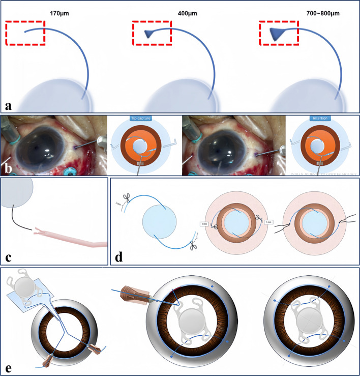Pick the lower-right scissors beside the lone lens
point(193,246)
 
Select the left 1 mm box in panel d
point(205,224)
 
